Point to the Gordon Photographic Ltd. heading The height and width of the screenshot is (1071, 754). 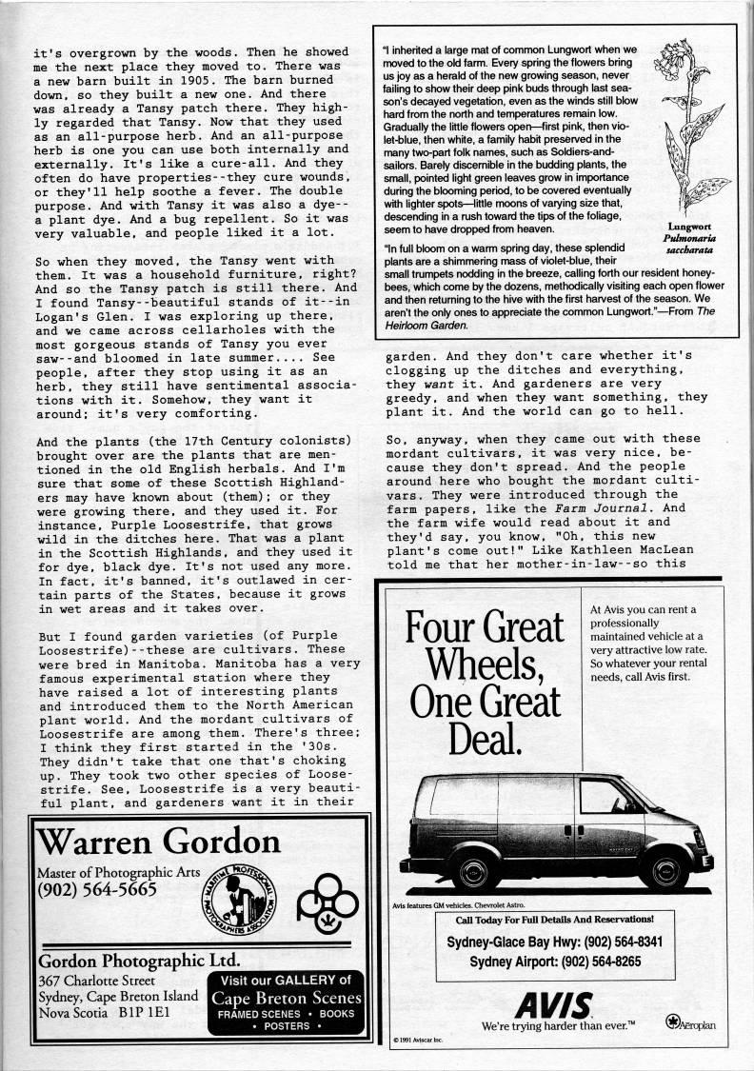pos(138,959)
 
